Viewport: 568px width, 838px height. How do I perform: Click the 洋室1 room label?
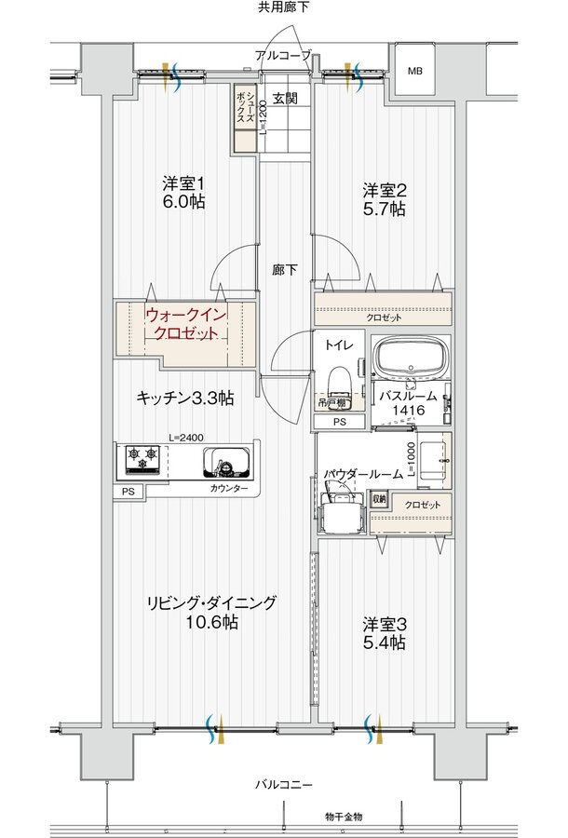[183, 192]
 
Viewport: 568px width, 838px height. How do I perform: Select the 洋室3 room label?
[383, 633]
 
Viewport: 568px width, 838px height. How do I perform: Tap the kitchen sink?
[227, 461]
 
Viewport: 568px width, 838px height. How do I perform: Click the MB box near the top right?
[414, 71]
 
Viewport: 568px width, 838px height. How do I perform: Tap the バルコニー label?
[284, 784]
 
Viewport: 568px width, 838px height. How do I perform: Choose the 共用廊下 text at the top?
[284, 8]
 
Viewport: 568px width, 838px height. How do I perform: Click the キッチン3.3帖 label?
[184, 398]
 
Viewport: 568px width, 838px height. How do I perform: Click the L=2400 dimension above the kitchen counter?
[186, 437]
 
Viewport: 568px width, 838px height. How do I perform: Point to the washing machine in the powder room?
[337, 510]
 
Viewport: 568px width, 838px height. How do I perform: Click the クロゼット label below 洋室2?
[384, 318]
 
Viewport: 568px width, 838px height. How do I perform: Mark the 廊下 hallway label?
[285, 271]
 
